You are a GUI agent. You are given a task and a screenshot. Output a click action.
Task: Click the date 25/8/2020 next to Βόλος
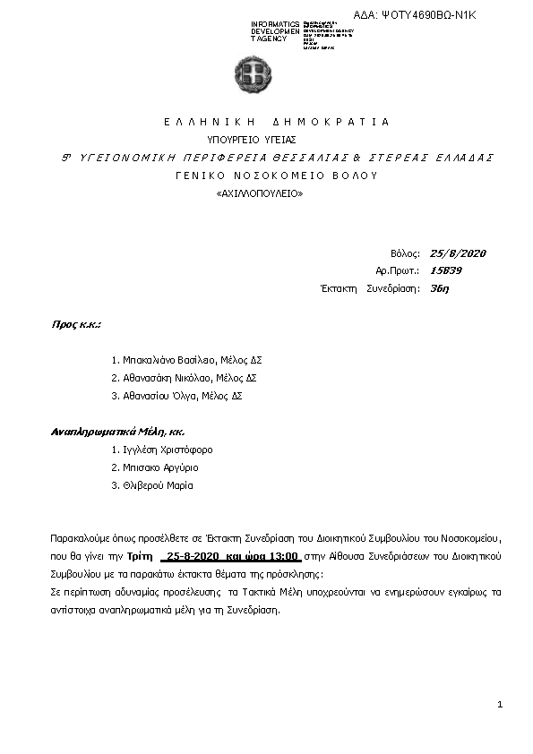point(458,253)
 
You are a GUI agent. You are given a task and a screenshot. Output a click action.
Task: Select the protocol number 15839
point(445,270)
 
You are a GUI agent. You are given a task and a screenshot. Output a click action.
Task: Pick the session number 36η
point(440,288)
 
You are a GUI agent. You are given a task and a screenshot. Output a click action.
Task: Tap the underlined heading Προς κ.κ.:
point(75,324)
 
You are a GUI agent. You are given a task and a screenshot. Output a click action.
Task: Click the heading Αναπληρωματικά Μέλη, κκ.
point(105,432)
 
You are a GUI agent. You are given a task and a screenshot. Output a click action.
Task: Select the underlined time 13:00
point(282,556)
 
